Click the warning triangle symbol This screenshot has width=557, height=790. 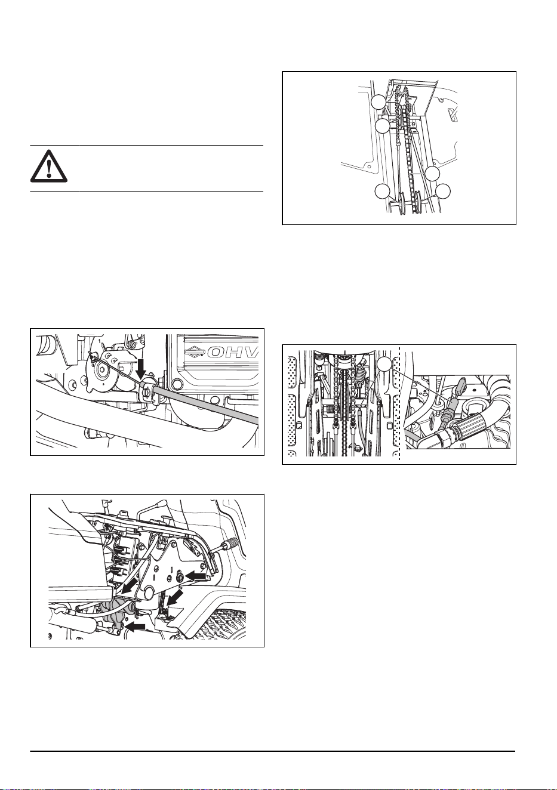click(x=49, y=166)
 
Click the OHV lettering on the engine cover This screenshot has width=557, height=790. click(x=233, y=352)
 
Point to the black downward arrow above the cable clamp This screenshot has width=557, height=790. click(x=141, y=369)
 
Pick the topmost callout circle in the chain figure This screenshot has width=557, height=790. click(x=378, y=101)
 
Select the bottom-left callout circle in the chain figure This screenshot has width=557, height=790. click(x=382, y=192)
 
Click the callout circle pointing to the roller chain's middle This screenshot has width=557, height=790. click(x=432, y=173)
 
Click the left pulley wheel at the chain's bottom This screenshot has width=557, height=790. click(x=402, y=202)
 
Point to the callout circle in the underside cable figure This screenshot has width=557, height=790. click(x=384, y=365)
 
